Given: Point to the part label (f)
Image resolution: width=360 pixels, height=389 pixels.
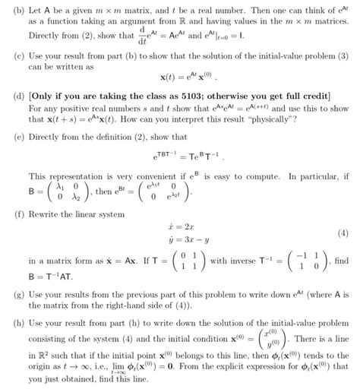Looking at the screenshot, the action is [x=11, y=215].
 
